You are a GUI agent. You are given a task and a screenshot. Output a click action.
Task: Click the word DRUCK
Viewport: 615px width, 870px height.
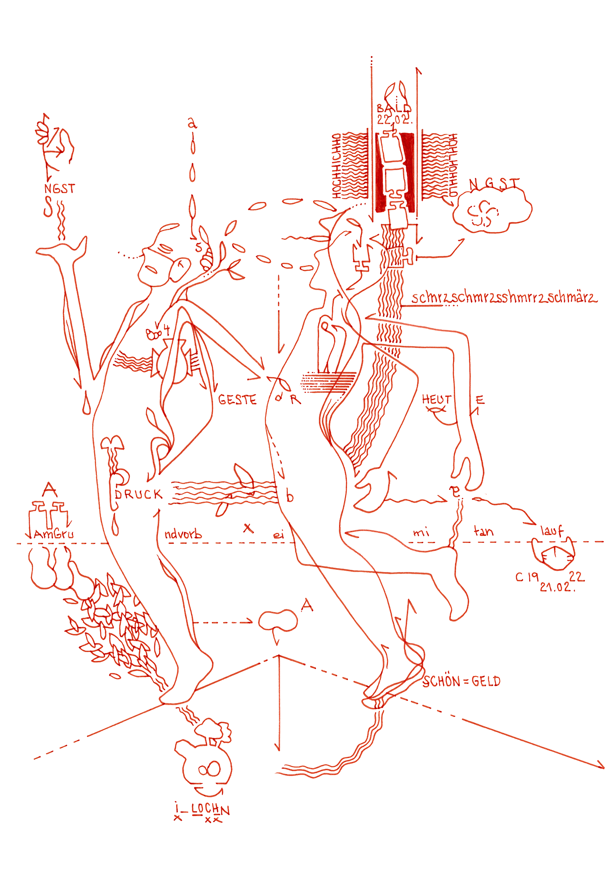138,495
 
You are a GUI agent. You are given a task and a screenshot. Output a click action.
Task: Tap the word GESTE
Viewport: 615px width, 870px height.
237,400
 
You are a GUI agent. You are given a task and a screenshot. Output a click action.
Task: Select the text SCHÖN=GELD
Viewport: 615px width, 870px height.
461,682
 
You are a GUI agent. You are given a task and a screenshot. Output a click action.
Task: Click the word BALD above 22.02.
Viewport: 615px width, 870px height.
394,108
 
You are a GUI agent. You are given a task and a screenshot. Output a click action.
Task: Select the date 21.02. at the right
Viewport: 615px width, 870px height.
557,587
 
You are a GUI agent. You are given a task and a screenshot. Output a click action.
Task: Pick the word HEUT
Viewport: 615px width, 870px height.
437,399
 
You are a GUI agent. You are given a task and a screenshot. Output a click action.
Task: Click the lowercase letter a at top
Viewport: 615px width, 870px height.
192,124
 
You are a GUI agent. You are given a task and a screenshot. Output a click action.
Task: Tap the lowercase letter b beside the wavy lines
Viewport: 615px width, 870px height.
290,496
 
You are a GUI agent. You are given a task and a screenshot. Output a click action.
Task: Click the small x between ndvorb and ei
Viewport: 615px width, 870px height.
248,528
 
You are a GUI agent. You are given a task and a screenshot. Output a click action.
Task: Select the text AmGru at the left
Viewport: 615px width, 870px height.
53,534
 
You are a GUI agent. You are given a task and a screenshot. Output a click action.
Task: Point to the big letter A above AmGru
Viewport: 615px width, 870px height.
50,490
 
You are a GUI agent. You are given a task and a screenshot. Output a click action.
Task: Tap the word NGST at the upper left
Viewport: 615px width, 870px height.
60,189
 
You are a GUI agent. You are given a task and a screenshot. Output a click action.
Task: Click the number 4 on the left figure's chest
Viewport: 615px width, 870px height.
166,330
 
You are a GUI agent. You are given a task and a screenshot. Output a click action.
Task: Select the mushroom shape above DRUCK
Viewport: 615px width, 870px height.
112,443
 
